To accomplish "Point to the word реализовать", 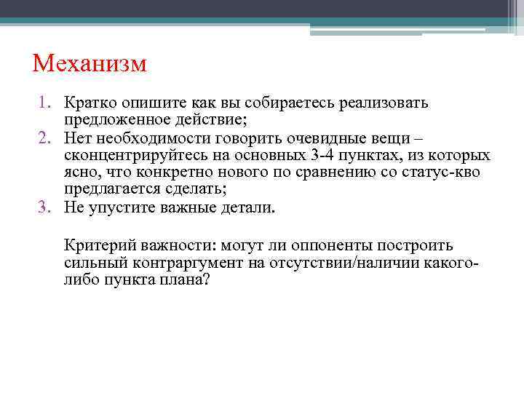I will point(386,103).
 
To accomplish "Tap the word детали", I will point(251,207).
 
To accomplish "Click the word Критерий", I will point(94,245).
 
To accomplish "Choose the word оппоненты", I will point(330,245).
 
